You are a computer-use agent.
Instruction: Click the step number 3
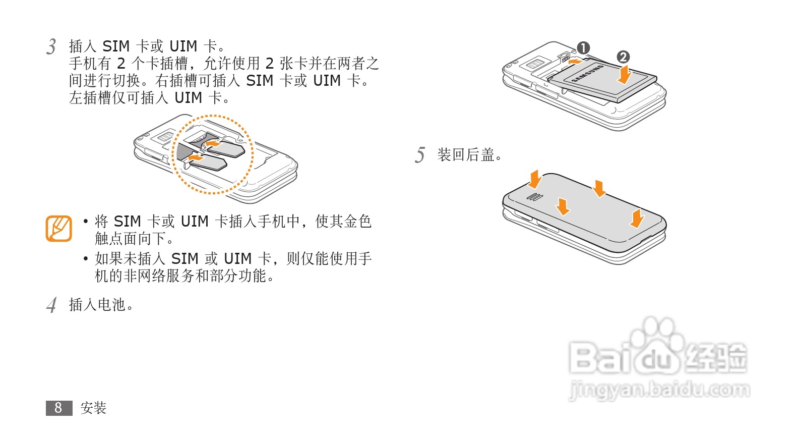(51, 46)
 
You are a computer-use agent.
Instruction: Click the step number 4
(51, 305)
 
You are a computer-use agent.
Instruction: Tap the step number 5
(420, 155)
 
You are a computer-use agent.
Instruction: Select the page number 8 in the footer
(58, 408)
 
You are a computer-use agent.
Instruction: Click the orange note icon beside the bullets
(58, 229)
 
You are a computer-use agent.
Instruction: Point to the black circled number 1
(583, 48)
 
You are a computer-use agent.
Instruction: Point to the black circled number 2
(623, 57)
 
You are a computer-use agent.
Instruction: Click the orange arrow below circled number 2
(625, 74)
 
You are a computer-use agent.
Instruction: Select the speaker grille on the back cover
(534, 197)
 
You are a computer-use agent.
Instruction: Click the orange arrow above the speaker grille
(535, 179)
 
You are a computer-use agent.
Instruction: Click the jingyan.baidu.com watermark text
(659, 390)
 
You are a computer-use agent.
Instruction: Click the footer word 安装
(93, 408)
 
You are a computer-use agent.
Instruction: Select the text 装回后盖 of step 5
(466, 155)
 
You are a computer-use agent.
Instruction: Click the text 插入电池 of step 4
(97, 305)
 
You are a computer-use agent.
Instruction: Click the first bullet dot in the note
(86, 221)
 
